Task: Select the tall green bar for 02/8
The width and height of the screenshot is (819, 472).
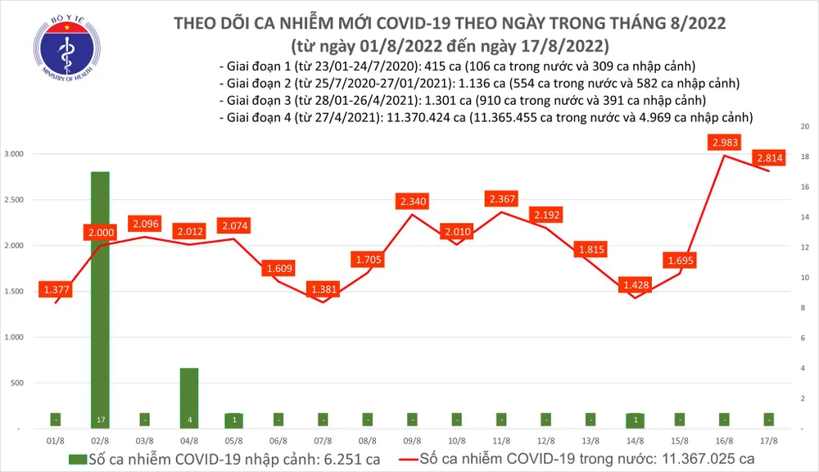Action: tap(100, 295)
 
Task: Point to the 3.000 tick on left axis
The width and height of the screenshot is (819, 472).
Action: tap(15, 154)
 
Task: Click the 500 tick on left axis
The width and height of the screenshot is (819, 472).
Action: tap(19, 383)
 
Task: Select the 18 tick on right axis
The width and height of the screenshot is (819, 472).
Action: tap(805, 157)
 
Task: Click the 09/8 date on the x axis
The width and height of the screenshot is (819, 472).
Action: tap(413, 440)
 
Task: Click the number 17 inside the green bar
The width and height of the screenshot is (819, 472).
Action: tap(100, 419)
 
